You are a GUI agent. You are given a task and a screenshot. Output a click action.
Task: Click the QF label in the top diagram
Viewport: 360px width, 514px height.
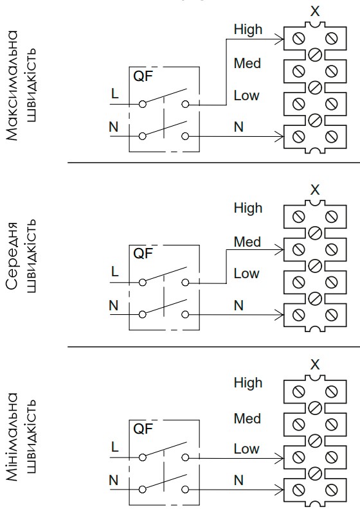point(143,76)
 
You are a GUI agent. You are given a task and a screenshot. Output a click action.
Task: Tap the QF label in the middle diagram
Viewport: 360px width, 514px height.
point(143,253)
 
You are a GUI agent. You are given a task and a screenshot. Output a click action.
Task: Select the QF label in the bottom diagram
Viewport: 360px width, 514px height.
point(143,429)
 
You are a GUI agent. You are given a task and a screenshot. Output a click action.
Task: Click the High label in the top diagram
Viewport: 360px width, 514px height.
point(248,30)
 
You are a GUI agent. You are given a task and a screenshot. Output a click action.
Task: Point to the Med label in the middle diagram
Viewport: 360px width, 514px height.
point(248,242)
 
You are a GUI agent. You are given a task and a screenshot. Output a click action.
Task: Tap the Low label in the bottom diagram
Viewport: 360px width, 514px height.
point(247,448)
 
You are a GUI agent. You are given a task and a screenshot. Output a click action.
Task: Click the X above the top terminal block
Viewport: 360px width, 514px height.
point(315,11)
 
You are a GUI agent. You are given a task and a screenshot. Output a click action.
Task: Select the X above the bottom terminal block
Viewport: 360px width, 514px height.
point(315,364)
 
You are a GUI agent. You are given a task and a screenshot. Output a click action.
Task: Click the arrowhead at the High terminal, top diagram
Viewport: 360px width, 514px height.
point(280,40)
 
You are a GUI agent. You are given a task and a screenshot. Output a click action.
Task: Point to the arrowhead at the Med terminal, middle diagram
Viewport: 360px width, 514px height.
point(280,250)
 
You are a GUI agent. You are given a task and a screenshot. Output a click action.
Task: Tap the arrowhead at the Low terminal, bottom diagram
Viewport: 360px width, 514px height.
point(280,458)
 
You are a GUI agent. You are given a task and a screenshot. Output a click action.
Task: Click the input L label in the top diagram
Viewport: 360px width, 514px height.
point(115,94)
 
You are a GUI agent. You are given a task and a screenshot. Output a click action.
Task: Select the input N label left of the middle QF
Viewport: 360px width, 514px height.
point(113,306)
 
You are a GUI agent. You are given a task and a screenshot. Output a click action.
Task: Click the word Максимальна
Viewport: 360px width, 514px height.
point(12,85)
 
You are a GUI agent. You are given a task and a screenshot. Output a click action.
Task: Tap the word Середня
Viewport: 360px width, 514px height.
point(12,256)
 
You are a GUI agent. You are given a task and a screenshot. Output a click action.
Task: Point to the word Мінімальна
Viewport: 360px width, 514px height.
point(12,437)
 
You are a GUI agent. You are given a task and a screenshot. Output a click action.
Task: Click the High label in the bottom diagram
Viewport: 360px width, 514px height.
point(248,383)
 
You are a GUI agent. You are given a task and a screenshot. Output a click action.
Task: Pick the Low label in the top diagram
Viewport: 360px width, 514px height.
point(247,95)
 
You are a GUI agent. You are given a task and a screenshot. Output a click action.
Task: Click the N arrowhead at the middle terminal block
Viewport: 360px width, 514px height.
point(280,315)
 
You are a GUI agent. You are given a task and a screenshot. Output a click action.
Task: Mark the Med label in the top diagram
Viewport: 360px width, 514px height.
point(248,63)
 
